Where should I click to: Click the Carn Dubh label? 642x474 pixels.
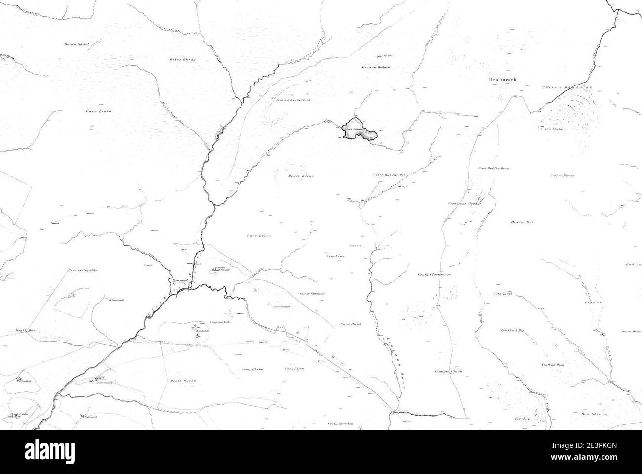click(552, 129)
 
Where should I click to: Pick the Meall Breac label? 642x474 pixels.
click(301, 175)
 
